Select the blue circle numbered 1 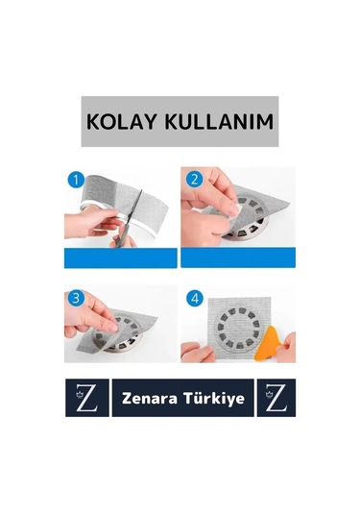[x=76, y=180]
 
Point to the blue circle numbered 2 [x=193, y=180]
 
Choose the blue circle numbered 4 [x=193, y=298]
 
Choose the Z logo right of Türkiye [x=276, y=398]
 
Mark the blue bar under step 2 [x=237, y=257]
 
